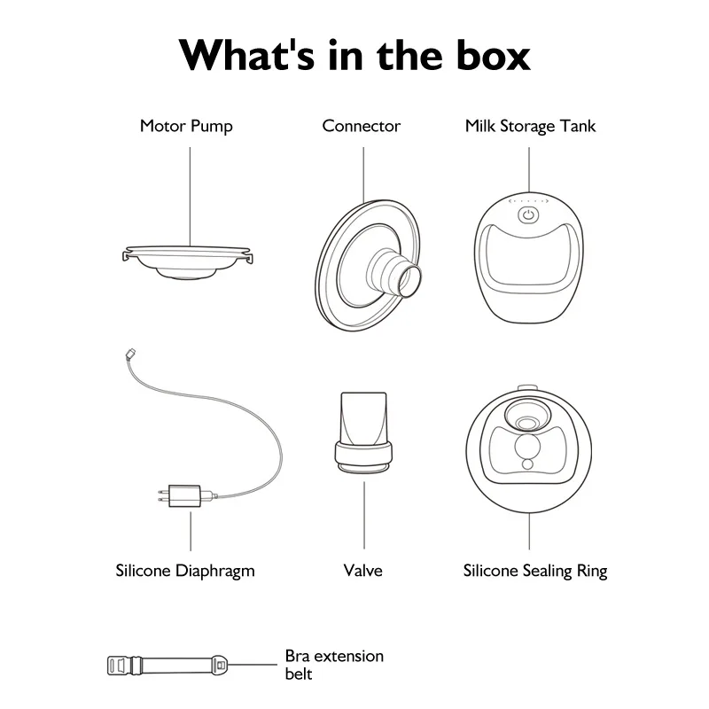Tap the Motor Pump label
pos(186,126)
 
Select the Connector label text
pos(361,126)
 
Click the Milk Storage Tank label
pos(530,126)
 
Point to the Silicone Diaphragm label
pos(185,571)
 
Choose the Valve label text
pos(362,571)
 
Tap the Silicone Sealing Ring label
pos(535,571)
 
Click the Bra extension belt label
pos(334,665)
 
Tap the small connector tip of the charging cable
pos(130,354)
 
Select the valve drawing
pos(363,432)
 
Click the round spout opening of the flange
pos(409,281)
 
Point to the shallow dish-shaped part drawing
pos(187,262)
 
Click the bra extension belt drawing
pos(167,666)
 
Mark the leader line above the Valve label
pos(364,516)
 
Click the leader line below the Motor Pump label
pos(190,197)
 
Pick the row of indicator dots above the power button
pos(528,201)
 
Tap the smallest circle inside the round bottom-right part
pos(527,464)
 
